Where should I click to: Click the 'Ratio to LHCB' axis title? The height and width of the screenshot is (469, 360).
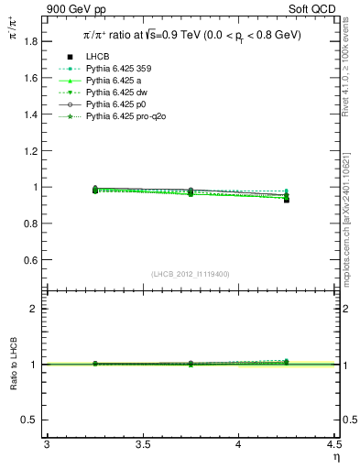(13, 365)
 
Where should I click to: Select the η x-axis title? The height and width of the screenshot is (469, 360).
(334, 456)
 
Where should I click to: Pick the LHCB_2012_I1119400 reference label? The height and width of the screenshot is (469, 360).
(190, 274)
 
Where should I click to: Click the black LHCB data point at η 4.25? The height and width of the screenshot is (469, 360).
(287, 199)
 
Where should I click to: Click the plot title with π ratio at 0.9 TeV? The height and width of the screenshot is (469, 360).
(191, 35)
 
